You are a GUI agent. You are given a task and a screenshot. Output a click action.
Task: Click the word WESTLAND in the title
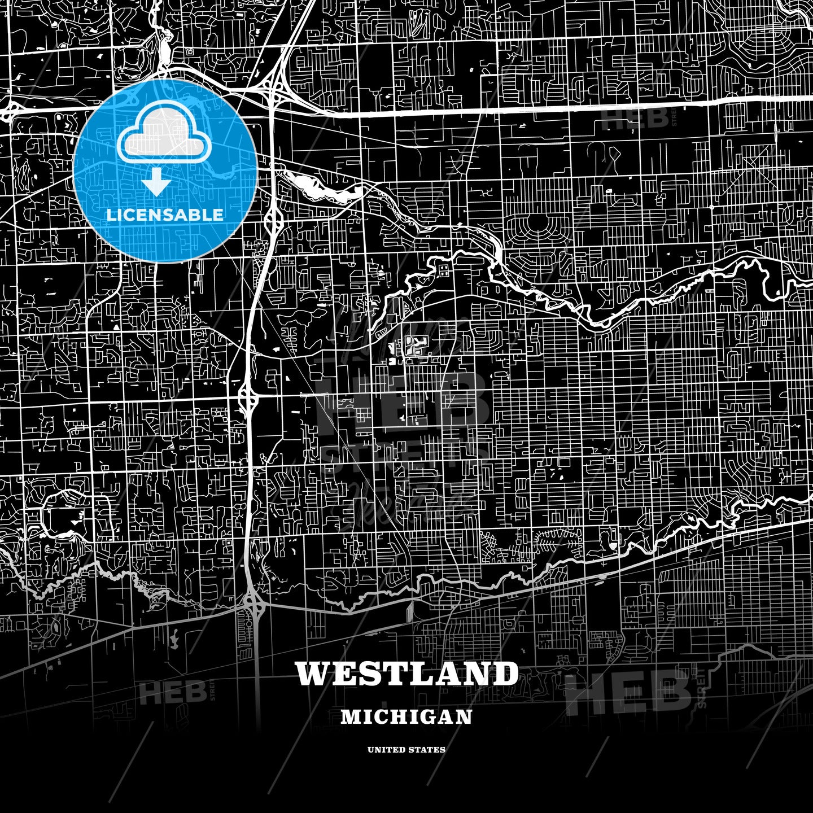click(406, 674)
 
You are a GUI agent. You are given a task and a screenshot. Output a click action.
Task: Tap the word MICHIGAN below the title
click(406, 717)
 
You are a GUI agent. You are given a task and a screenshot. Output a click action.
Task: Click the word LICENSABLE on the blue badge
click(165, 215)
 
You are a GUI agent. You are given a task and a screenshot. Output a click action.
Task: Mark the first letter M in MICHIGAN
click(348, 717)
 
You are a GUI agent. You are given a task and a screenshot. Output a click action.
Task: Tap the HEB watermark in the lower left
click(172, 692)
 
